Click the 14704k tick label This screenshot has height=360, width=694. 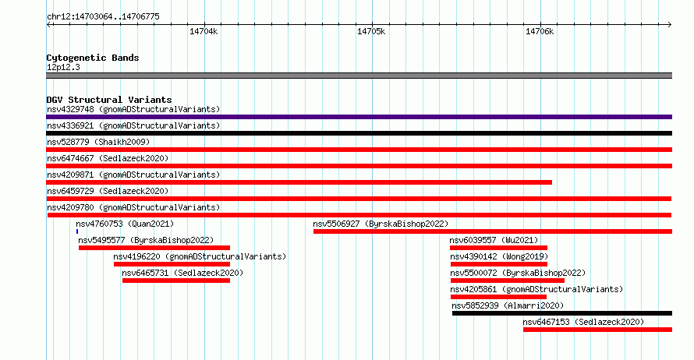[204, 32]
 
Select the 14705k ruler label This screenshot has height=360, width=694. [371, 32]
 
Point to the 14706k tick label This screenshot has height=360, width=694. [540, 32]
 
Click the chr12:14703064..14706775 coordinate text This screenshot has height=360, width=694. [103, 17]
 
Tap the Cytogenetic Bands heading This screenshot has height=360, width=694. [93, 58]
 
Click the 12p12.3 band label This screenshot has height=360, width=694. [63, 67]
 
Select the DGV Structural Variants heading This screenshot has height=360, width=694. [109, 100]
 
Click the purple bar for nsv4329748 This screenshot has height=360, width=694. [359, 117]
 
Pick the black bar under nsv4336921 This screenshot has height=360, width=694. [359, 133]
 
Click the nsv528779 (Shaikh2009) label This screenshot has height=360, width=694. [98, 142]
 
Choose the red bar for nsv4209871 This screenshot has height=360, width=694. [299, 182]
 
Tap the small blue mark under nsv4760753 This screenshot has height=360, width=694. [77, 231]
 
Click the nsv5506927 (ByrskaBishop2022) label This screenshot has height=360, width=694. [381, 224]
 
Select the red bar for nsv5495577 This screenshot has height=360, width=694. [154, 248]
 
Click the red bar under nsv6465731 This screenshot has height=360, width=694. [176, 281]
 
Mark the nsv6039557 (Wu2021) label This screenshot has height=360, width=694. [494, 240]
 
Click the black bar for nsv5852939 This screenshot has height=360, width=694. [562, 313]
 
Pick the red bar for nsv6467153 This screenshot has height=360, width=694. [597, 330]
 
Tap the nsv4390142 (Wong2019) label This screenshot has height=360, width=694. [499, 256]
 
